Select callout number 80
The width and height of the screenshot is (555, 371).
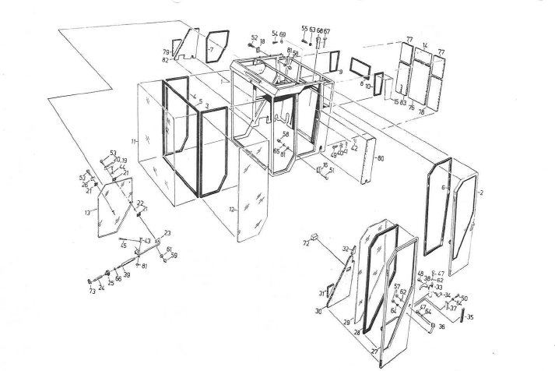click(x=381, y=159)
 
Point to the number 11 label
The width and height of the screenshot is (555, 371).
click(x=134, y=141)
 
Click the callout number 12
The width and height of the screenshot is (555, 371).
click(x=231, y=209)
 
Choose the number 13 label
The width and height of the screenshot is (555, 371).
click(x=88, y=212)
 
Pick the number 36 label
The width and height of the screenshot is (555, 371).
click(x=441, y=327)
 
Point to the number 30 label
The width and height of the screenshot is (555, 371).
click(x=318, y=312)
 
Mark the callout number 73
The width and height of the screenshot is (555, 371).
click(x=91, y=291)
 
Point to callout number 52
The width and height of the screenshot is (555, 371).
click(x=254, y=37)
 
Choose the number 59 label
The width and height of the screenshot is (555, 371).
click(x=174, y=255)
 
